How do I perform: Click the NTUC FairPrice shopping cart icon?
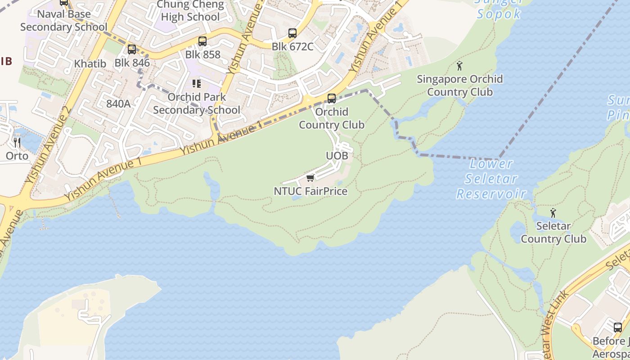[310, 179]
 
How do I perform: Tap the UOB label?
[337, 156]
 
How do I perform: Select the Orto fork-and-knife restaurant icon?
[17, 143]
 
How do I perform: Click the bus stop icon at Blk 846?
[131, 49]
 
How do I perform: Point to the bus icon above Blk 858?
[202, 41]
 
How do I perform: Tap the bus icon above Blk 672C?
[292, 33]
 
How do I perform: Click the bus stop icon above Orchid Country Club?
[332, 98]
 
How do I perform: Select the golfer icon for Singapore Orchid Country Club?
[459, 66]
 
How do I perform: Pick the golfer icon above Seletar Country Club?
[553, 212]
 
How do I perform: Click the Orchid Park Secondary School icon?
[196, 84]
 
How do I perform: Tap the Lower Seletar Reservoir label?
[491, 179]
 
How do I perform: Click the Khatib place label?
[90, 63]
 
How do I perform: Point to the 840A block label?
[118, 103]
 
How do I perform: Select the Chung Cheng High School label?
[190, 11]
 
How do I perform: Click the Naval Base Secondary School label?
[64, 20]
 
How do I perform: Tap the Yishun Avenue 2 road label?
[49, 145]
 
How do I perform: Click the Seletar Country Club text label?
[553, 232]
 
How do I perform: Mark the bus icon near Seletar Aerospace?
[618, 327]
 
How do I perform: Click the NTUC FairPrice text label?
[310, 191]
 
